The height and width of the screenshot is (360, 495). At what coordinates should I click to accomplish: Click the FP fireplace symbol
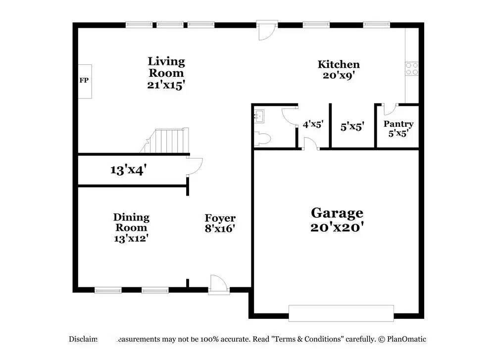coord(85,81)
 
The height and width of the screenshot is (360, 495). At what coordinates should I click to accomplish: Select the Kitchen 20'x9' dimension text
coord(339,76)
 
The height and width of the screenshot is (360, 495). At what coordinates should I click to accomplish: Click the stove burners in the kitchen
coord(411,68)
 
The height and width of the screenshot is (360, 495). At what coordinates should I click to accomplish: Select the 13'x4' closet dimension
coord(128,170)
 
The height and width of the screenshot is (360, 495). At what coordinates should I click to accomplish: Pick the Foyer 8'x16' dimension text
coord(220,229)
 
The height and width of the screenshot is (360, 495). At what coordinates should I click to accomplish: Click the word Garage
coord(337,213)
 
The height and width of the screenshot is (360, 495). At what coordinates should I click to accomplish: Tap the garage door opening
coord(341,313)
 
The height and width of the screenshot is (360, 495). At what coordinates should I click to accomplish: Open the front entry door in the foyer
coord(218,285)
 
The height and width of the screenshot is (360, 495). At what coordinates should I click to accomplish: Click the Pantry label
coord(398,124)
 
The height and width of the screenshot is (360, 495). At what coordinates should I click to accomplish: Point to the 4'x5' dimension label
coord(313,124)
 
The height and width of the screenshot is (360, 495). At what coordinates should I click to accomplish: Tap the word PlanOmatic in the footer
coord(407,339)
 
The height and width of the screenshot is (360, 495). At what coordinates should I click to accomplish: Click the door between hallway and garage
coord(310,144)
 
